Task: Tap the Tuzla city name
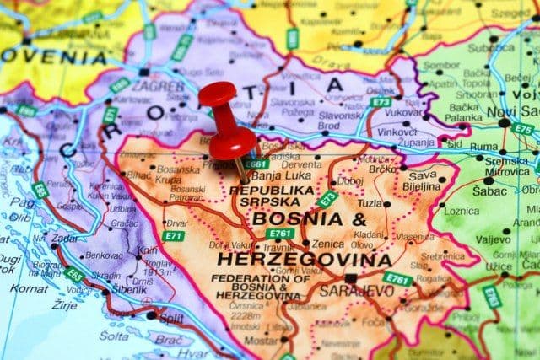click(370, 203)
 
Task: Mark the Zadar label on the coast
click(64, 238)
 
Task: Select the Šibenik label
click(128, 289)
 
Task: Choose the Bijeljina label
click(421, 186)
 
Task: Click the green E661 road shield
click(256, 164)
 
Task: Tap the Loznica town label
click(462, 211)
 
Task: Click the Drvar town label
click(177, 223)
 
